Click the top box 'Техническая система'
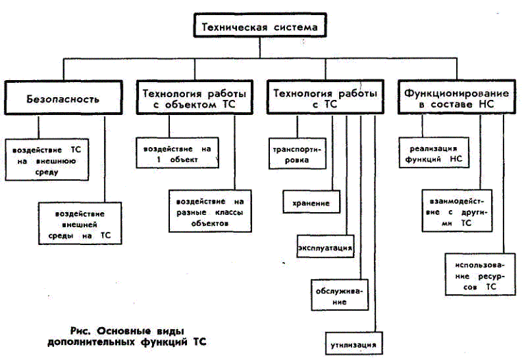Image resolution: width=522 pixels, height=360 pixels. (260, 25)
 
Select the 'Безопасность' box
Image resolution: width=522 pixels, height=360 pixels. (63, 98)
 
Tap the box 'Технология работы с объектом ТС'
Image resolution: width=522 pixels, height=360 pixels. (195, 97)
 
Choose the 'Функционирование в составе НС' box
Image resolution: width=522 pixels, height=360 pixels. (456, 97)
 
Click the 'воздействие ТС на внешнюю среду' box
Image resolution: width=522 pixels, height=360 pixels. (47, 159)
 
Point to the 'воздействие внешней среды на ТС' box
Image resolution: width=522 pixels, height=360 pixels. (80, 224)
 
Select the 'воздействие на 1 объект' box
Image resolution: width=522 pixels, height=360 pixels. (177, 153)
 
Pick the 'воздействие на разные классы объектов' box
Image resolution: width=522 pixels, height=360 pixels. (210, 211)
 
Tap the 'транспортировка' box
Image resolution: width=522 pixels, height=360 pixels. (297, 154)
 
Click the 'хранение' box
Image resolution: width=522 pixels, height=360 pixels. (311, 202)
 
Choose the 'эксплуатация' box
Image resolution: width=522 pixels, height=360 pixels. (325, 246)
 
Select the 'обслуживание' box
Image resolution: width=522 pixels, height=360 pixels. (340, 295)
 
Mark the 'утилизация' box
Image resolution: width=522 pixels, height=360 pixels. (354, 344)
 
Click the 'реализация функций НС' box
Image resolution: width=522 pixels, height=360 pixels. (434, 153)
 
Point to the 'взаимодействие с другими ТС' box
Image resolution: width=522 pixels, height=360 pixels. (457, 211)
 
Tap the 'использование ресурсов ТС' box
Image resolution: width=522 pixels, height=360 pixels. (480, 274)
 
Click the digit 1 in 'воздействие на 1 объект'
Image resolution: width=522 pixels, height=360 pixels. (159, 159)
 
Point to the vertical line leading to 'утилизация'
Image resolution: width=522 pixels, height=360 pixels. (375, 223)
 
